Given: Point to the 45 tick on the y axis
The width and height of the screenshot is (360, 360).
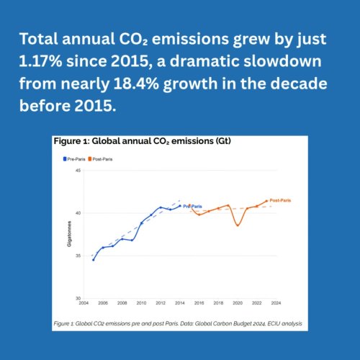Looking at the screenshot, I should (x=78, y=171).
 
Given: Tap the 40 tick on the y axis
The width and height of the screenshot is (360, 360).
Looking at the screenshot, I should (x=78, y=213).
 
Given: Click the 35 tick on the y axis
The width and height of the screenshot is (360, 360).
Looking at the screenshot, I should (x=78, y=256).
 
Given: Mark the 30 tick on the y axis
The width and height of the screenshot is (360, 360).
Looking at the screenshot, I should (x=78, y=298).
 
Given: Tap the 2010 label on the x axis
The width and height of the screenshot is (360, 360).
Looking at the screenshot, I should (x=141, y=303).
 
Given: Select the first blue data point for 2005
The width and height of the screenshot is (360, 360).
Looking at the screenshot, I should (x=94, y=259).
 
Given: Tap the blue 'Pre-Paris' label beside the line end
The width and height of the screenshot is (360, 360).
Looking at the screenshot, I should (x=192, y=207).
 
